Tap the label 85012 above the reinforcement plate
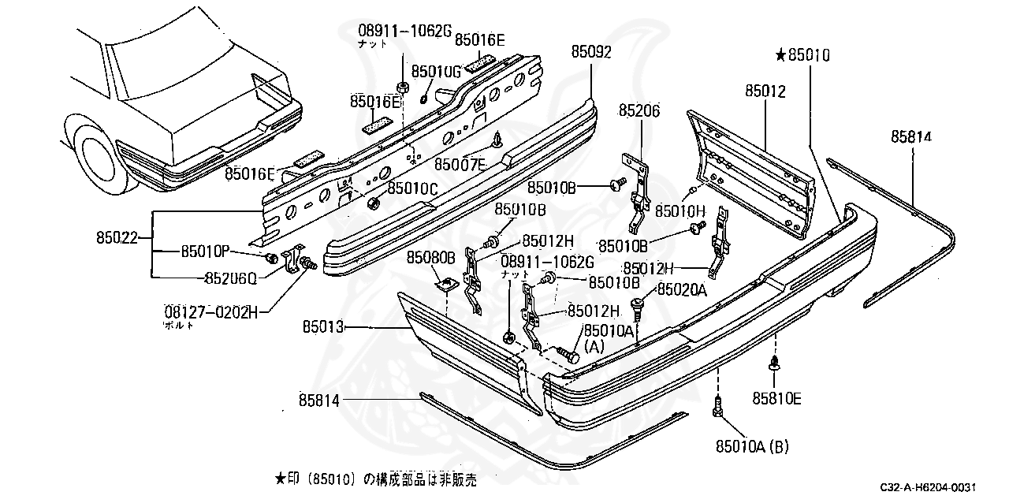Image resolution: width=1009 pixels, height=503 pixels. [765, 91]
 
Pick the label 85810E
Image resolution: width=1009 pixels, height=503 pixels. [776, 399]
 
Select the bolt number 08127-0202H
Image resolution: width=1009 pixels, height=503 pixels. [211, 312]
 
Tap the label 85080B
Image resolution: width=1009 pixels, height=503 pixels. [431, 257]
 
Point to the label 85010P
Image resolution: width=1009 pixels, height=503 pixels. [204, 251]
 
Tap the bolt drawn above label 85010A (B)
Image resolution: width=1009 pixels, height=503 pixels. [718, 407]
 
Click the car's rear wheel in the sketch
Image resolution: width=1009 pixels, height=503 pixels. [102, 158]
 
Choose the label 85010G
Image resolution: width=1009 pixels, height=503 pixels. [435, 72]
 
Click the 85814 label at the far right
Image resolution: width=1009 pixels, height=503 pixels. [911, 136]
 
